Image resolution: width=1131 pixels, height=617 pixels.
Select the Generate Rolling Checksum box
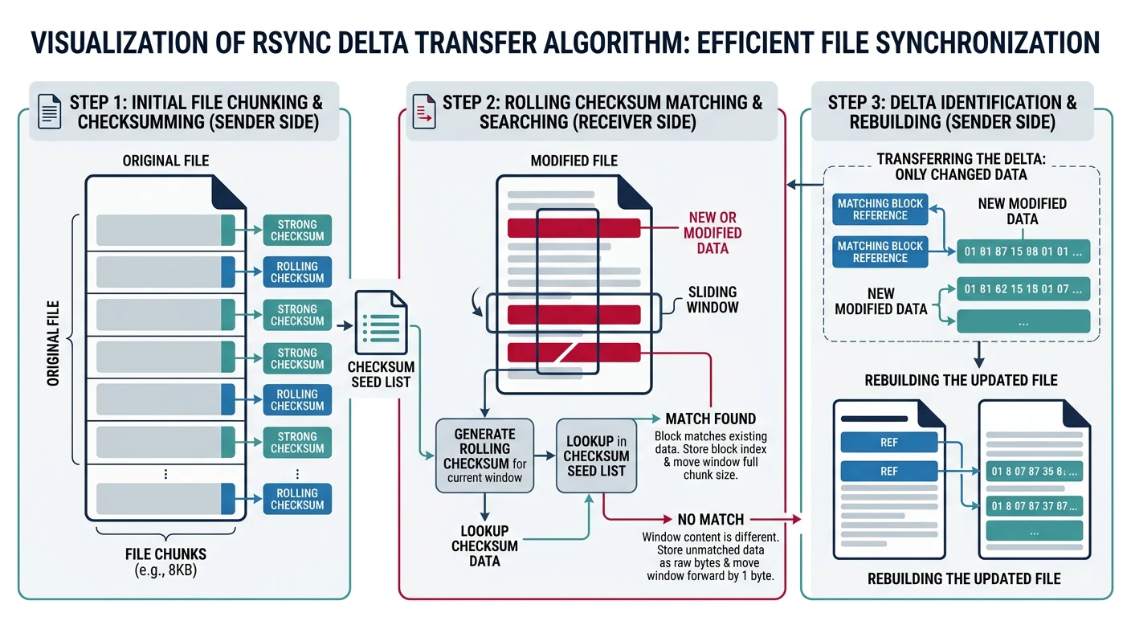484,455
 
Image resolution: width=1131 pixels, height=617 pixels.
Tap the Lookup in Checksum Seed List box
596,455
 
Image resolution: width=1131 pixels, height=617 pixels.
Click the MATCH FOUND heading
710,419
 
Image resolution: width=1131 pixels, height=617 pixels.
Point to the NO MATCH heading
710,519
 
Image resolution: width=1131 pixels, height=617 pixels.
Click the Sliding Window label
712,299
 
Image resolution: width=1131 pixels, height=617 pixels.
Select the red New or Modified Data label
712,232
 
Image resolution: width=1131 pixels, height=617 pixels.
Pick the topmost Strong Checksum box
297,231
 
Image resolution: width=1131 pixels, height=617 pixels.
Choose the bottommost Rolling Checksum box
297,499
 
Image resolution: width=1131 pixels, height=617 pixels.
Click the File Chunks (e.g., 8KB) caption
165,562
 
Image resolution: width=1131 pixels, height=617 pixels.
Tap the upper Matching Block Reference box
880,210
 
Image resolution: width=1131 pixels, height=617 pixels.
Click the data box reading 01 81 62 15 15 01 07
1023,289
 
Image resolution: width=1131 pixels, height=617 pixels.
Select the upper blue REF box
888,442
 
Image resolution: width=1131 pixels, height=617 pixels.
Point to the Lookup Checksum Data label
484,545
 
